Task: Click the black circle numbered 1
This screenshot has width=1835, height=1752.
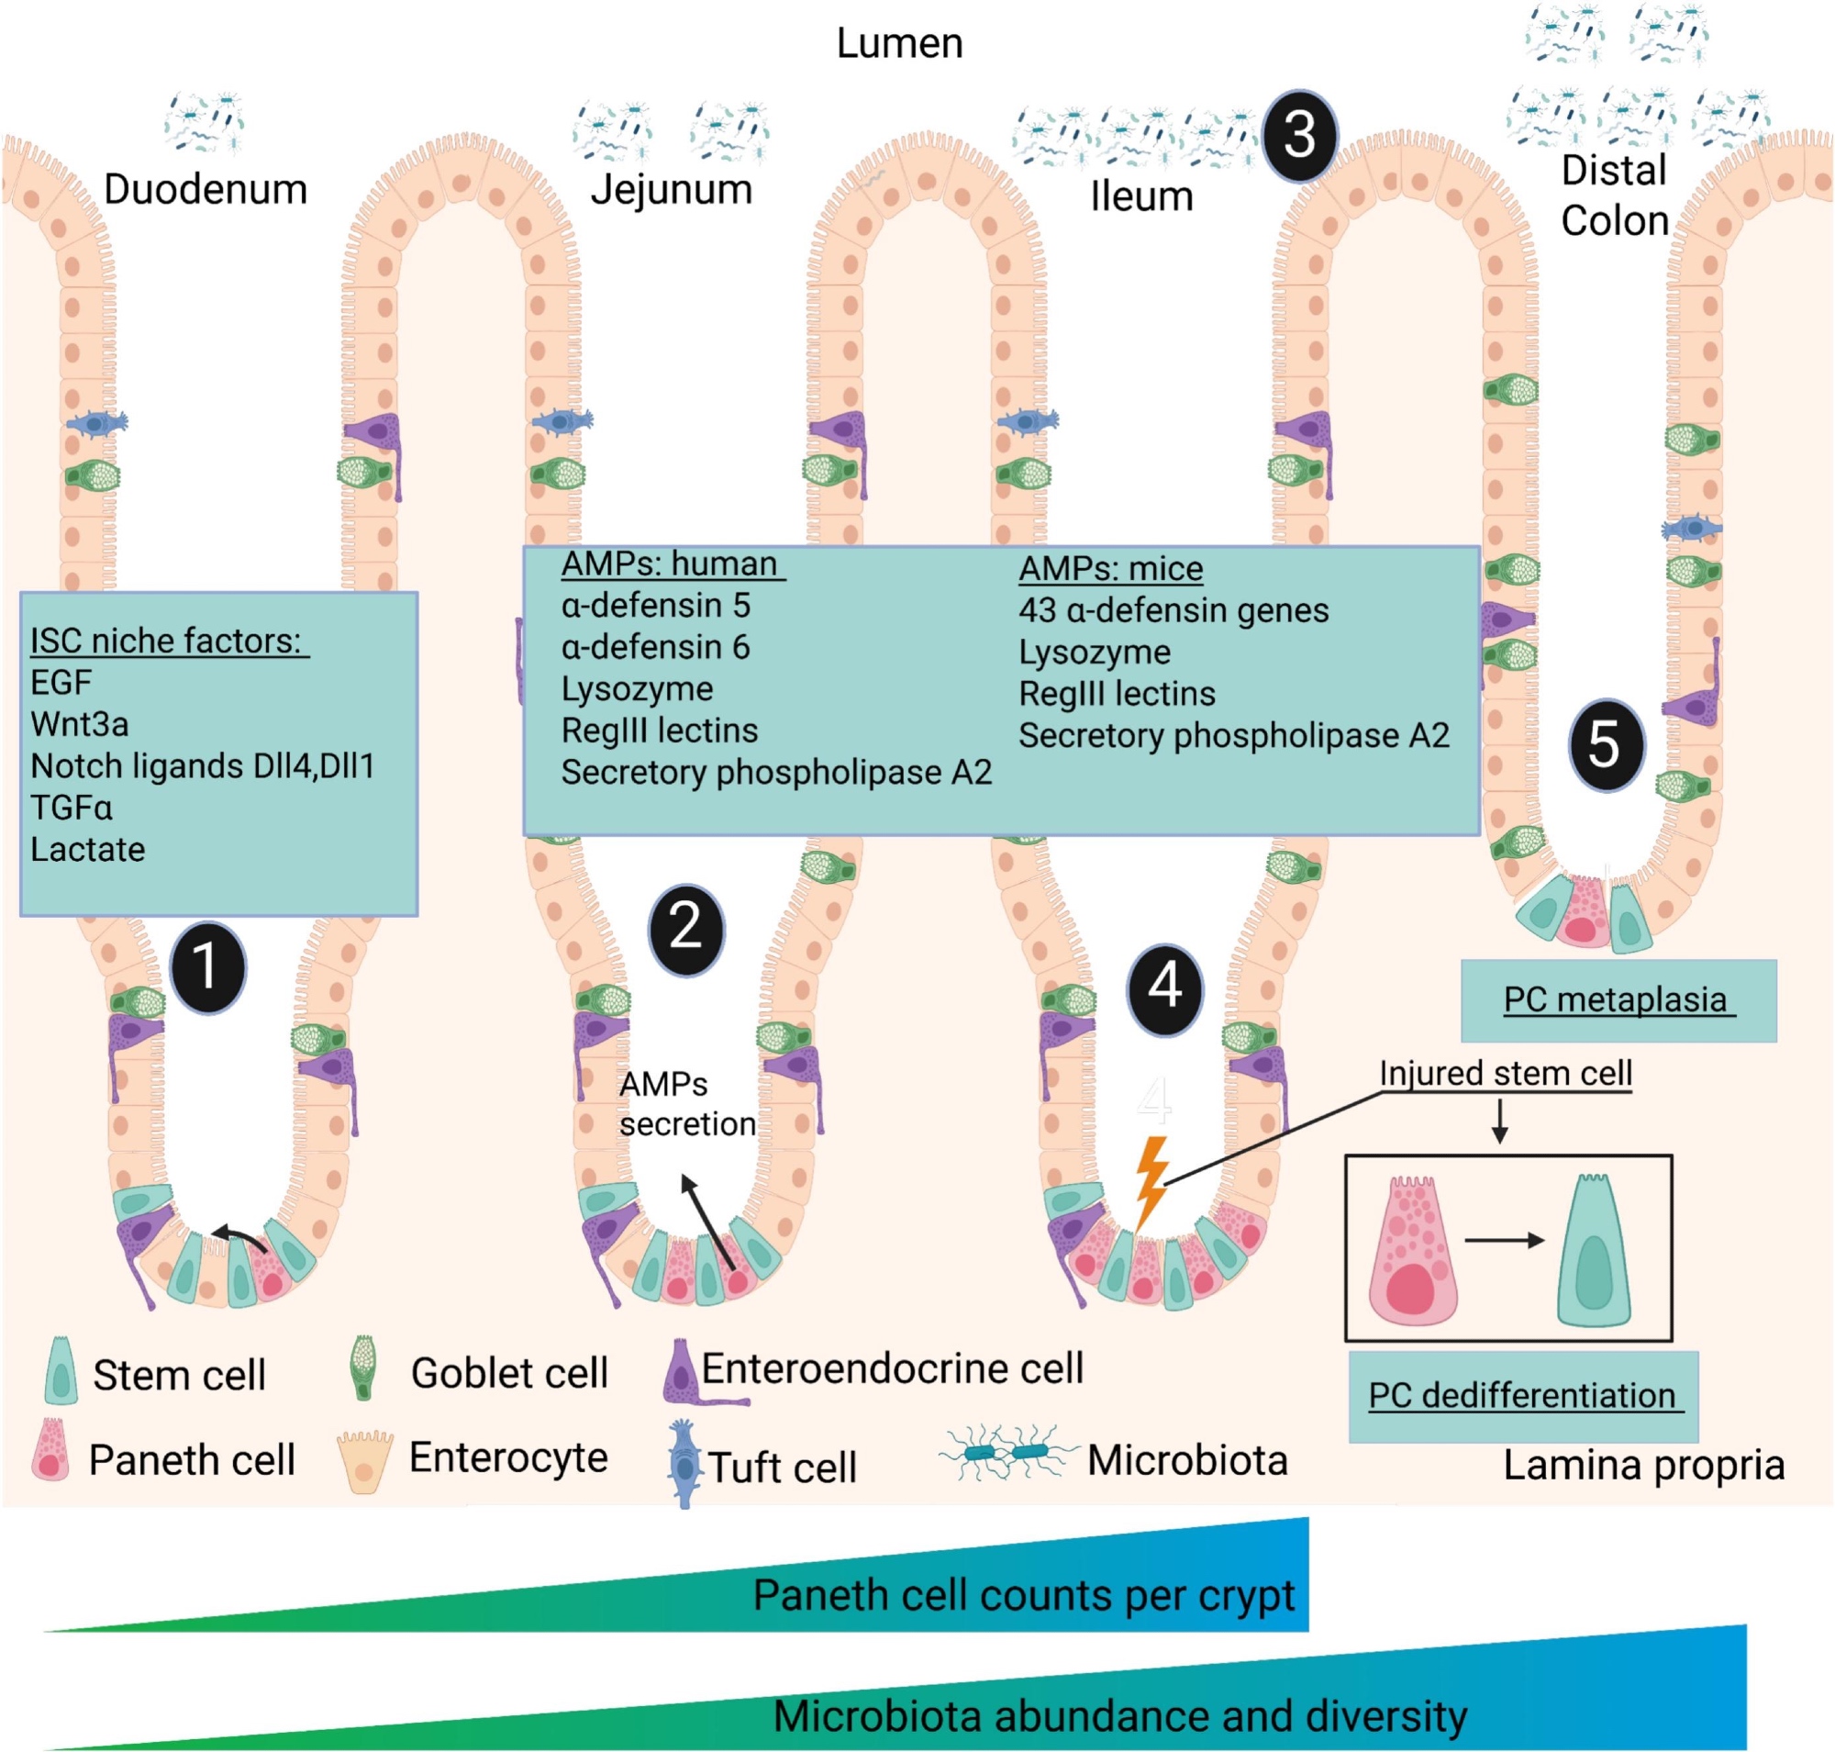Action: [x=207, y=966]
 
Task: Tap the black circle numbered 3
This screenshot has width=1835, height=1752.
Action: [x=1299, y=136]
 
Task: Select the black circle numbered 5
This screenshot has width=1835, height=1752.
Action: [x=1606, y=744]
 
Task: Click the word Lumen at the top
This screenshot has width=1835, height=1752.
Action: [x=898, y=43]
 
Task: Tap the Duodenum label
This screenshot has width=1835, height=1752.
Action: [x=205, y=190]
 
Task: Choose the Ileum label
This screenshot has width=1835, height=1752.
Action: [x=1141, y=197]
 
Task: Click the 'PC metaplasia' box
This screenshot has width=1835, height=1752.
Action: [x=1618, y=1000]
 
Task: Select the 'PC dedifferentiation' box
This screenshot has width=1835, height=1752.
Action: [x=1522, y=1395]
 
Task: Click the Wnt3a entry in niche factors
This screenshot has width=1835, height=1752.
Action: [x=80, y=725]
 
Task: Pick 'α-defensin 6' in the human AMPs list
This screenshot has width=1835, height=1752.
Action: [x=656, y=647]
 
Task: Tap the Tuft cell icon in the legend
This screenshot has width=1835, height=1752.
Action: [x=684, y=1465]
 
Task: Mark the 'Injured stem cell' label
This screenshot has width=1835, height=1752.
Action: [x=1505, y=1074]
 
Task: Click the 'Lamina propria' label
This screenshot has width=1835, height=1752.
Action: [x=1642, y=1465]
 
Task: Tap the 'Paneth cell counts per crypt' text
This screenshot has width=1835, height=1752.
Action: [x=1023, y=1595]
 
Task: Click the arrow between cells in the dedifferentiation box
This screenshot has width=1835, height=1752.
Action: [x=1504, y=1240]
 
